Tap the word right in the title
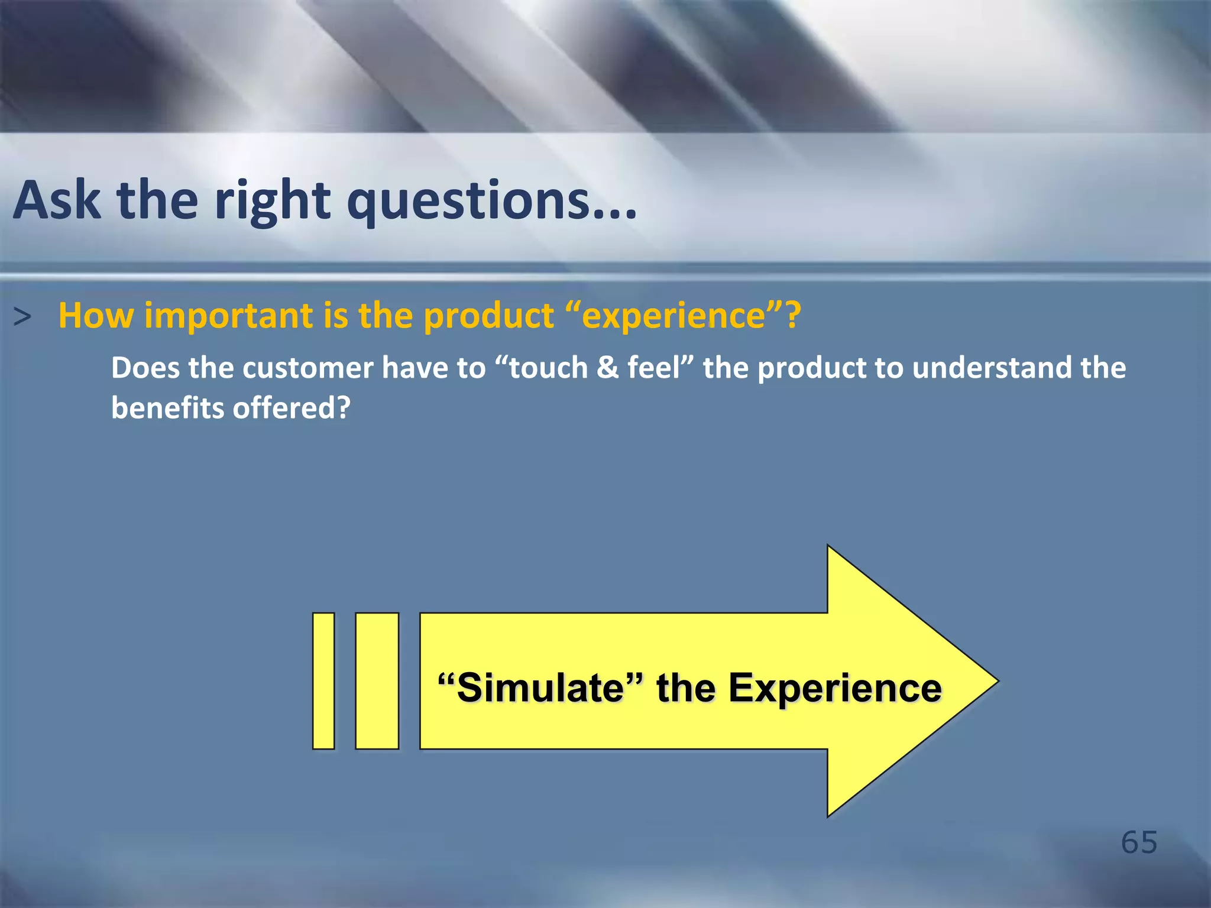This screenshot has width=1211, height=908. click(x=272, y=201)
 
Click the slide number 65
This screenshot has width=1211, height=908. click(x=1139, y=842)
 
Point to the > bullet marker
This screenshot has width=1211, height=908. click(x=22, y=317)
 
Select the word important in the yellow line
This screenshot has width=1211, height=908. click(x=228, y=316)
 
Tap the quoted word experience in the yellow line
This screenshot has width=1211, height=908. click(x=674, y=316)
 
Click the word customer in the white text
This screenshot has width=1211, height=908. click(x=307, y=368)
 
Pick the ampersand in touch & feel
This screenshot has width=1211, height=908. click(x=607, y=368)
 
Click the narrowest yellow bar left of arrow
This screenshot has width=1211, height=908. click(x=323, y=681)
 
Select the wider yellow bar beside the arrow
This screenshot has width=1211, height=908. click(x=377, y=681)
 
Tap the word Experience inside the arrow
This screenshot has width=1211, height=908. click(x=834, y=689)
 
